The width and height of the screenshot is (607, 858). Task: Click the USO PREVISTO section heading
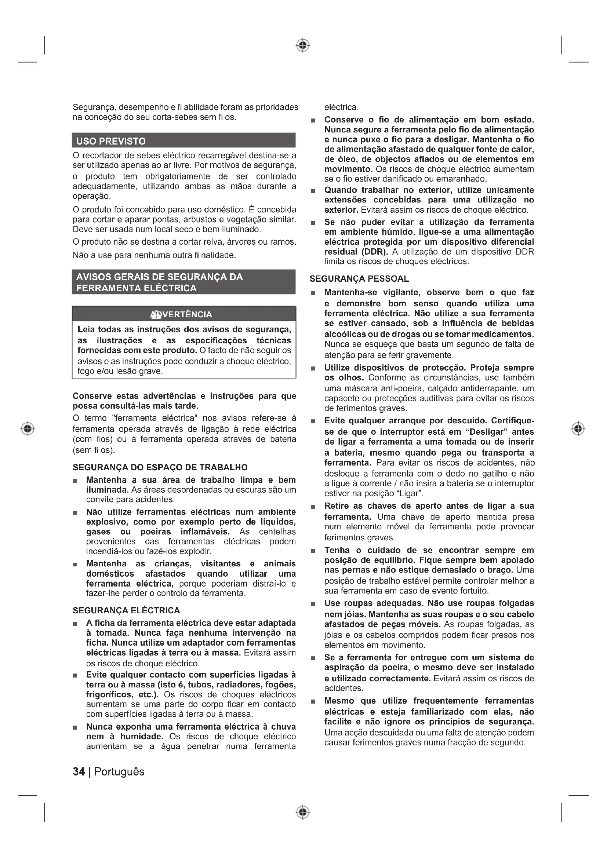tap(111, 141)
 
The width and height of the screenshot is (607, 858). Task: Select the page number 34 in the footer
tap(79, 772)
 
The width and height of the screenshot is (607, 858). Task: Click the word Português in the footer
tap(119, 772)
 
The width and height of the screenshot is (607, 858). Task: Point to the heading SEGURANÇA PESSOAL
tap(359, 279)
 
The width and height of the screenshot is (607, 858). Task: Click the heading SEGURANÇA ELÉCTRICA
tap(126, 611)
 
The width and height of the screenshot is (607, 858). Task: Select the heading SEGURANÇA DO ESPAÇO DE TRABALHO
tap(160, 467)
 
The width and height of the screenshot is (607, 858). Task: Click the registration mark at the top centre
tap(303, 45)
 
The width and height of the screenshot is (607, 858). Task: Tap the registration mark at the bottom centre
tap(303, 812)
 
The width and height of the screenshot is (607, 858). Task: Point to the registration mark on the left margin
tap(28, 428)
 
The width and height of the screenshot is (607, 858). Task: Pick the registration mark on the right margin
tap(578, 428)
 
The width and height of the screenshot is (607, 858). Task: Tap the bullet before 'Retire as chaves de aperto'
tap(313, 507)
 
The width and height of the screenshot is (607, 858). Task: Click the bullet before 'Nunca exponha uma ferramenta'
tap(76, 727)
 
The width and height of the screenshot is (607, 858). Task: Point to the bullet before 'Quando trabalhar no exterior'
tap(313, 191)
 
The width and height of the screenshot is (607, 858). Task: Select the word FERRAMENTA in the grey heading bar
tap(101, 288)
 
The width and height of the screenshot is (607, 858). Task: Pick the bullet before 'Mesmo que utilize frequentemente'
tap(313, 702)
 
